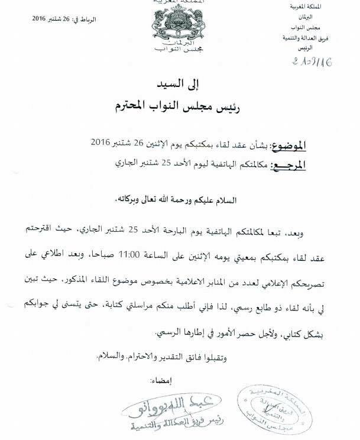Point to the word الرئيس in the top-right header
coord(338,48)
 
